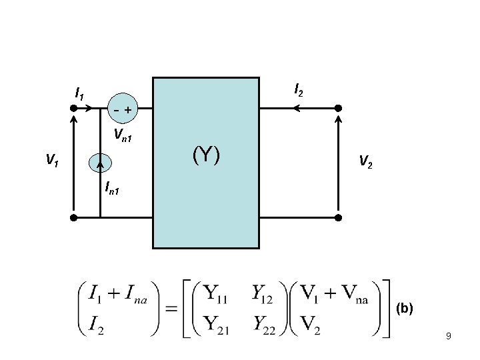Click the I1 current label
coord(79,94)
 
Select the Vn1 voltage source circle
coord(121,109)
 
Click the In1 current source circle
coord(100,162)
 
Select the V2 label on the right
coord(365,160)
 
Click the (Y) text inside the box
coord(206,155)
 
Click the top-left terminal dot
coord(74,108)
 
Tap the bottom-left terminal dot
coord(74,217)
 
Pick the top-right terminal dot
coord(338,108)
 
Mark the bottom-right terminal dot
coord(338,217)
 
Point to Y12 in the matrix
coord(265,294)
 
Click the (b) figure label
coord(405,309)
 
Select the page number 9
coord(449,337)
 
